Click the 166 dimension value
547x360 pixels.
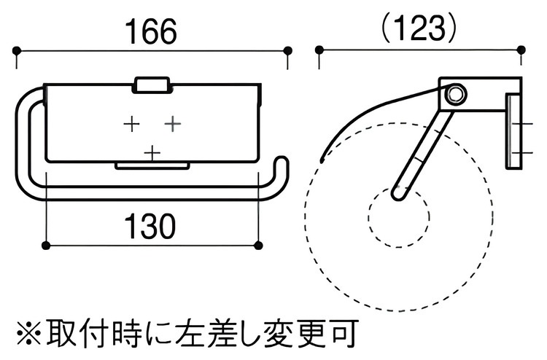click(x=151, y=32)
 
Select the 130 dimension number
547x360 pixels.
click(x=151, y=226)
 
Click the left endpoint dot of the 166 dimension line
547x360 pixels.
click(x=16, y=51)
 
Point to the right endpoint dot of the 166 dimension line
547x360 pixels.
click(x=287, y=51)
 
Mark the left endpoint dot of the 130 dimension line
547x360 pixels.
click(x=46, y=246)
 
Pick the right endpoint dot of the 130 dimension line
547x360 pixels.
click(x=258, y=246)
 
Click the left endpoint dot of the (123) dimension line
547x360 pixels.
click(x=319, y=50)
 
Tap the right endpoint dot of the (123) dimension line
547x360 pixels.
click(x=521, y=50)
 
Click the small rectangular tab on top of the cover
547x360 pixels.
click(x=151, y=85)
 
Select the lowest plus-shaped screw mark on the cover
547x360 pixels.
click(x=152, y=153)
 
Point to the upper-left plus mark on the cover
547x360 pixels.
click(x=132, y=124)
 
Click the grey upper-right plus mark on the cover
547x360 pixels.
click(x=173, y=123)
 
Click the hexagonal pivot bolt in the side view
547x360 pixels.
click(x=454, y=94)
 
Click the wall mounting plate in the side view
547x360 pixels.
click(x=513, y=130)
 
